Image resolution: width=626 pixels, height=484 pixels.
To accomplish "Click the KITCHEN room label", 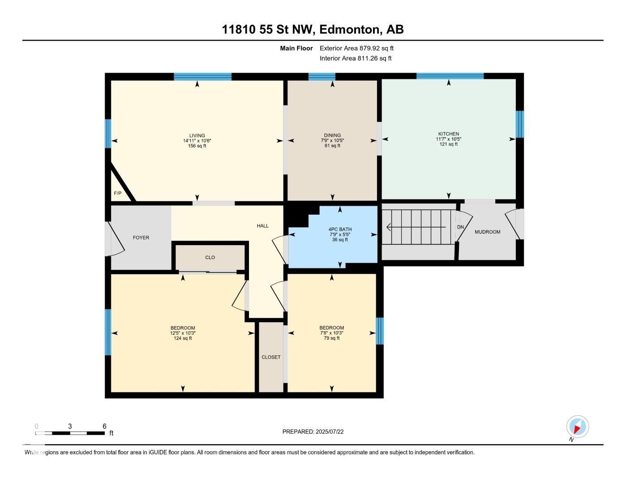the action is (x=449, y=134).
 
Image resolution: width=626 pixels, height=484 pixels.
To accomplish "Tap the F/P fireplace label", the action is (x=117, y=193).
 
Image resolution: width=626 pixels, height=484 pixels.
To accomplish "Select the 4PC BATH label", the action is (x=340, y=229).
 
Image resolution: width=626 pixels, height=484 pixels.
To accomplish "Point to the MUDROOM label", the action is (x=488, y=232).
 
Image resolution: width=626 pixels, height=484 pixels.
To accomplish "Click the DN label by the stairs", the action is (x=460, y=227).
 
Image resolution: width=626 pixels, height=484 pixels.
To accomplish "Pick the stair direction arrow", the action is (x=416, y=227).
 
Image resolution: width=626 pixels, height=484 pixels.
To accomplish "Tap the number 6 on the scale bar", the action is (x=104, y=426).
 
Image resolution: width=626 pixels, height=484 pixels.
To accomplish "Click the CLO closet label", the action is (x=210, y=257).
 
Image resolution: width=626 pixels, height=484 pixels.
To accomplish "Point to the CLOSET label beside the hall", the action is (x=271, y=357).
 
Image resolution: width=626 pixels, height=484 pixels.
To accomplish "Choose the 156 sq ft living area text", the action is (x=197, y=146).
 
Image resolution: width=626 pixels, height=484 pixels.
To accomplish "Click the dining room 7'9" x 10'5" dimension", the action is (x=332, y=140).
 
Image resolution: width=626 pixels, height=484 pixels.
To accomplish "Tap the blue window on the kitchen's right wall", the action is (x=520, y=124).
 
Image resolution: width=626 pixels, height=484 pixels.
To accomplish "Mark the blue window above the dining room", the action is (x=322, y=77).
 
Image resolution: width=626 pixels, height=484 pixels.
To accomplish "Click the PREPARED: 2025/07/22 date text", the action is (x=313, y=432).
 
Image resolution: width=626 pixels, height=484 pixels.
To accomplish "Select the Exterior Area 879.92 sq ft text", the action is (x=356, y=48).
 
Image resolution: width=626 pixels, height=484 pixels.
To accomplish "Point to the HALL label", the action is (x=263, y=226).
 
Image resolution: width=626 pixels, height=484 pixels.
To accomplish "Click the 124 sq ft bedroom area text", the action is (x=183, y=338).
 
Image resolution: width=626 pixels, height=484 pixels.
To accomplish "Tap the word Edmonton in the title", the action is (x=349, y=30).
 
